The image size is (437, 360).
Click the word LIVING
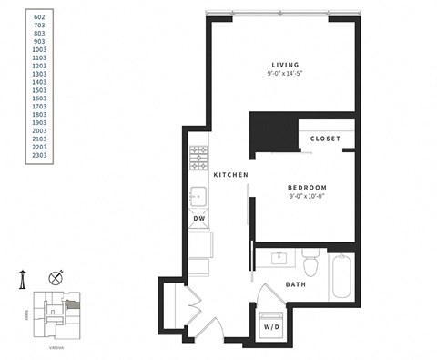coord(284,64)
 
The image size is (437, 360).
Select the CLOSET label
coord(325,139)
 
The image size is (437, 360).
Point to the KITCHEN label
coord(231,174)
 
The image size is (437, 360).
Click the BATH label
coord(295,284)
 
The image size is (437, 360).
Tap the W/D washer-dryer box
coord(272,325)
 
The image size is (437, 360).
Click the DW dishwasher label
coord(199,219)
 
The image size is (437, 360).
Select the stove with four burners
coord(198,159)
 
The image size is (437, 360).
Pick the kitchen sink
coord(198,195)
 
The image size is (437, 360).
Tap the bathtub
coord(341,276)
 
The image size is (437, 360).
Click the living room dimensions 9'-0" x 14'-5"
coord(284,74)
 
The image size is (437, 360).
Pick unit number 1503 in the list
coord(39,89)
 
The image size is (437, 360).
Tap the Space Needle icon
coord(23,279)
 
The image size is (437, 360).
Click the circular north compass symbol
coord(56,277)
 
